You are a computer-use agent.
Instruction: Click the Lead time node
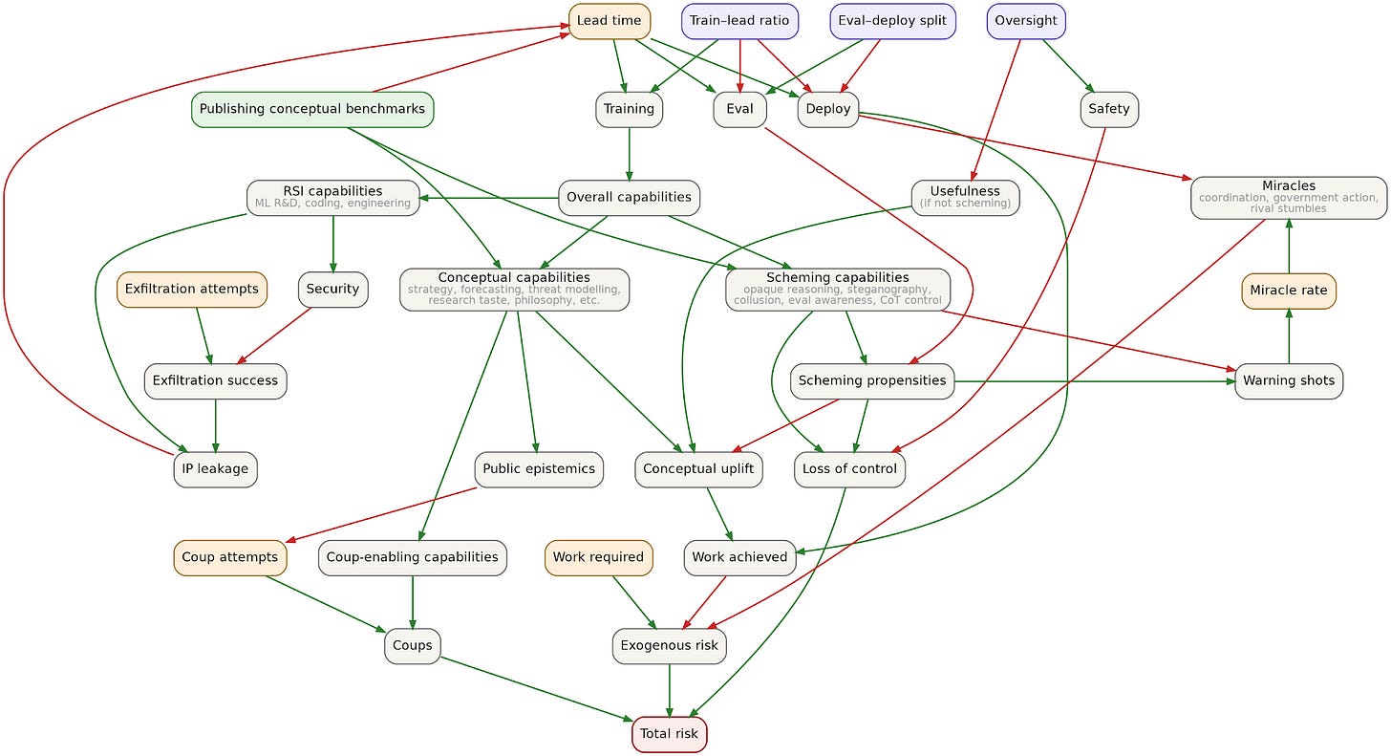(610, 21)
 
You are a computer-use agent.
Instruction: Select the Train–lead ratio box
(739, 21)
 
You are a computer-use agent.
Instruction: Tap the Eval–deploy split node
(892, 21)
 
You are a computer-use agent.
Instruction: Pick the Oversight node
(1026, 21)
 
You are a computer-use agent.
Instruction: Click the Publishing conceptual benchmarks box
(312, 109)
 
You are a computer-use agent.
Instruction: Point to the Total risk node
(670, 734)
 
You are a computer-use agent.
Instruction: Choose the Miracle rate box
(1289, 291)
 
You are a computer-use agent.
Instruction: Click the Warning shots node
(1289, 380)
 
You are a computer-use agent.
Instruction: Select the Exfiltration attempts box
(192, 290)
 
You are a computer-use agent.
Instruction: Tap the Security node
(332, 290)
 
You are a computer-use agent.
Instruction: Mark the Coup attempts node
(229, 558)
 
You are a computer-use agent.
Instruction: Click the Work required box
(599, 558)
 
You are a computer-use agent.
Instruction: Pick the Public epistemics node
(539, 469)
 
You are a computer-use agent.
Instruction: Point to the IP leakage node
(216, 469)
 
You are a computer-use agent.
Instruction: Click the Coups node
(413, 646)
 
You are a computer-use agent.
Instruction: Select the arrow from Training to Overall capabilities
(629, 154)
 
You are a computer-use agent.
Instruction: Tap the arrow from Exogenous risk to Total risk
(670, 690)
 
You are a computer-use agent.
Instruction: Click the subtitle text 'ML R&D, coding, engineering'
(332, 204)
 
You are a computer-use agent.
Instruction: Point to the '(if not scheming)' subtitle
(965, 204)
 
